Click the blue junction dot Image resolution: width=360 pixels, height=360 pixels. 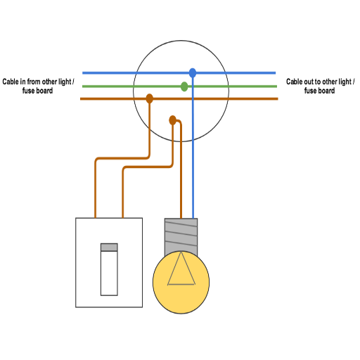193,73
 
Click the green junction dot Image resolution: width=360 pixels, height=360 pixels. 184,86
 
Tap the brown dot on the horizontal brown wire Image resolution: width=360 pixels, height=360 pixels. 150,98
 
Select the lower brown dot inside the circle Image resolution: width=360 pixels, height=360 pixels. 172,120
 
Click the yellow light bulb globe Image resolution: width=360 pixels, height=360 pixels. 181,282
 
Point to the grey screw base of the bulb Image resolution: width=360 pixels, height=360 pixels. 181,236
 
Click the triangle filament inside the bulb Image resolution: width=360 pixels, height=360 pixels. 181,269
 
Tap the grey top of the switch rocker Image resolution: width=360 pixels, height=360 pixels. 109,247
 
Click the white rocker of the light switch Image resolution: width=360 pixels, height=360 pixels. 109,274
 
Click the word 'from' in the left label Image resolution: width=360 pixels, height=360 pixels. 34,82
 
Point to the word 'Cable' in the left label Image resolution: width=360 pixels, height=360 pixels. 11,82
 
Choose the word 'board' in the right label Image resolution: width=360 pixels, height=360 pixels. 326,91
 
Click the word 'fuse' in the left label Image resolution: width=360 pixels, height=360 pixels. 28,91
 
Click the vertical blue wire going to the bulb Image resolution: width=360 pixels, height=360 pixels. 193,146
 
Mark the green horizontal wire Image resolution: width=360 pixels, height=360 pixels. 179,86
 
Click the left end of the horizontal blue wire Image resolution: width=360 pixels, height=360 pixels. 82,73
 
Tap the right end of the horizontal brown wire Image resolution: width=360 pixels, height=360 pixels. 278,98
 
